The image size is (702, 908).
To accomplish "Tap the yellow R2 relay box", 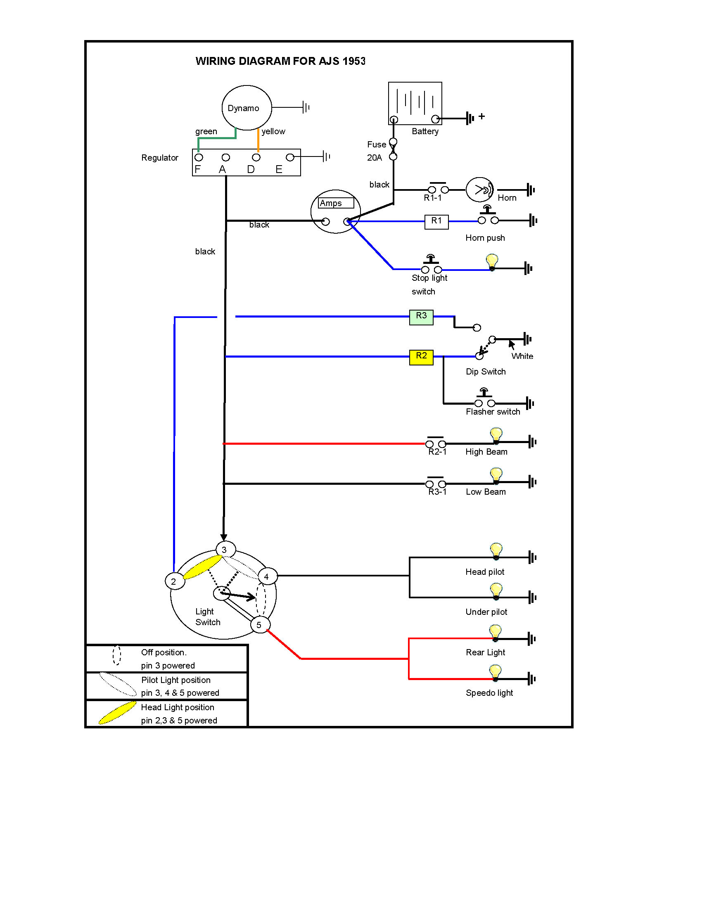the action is [x=421, y=356].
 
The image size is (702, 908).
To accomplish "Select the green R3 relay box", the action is [x=421, y=316].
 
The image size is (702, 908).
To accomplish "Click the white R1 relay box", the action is [x=436, y=221].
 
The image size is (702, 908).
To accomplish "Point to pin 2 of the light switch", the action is [x=173, y=581].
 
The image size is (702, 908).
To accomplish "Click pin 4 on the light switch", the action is [x=267, y=577].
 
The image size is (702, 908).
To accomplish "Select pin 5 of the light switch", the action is [x=259, y=624].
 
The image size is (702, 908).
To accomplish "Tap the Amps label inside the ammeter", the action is [x=331, y=203].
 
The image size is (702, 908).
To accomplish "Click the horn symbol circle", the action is [x=479, y=190].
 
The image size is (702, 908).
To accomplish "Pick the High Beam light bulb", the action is [x=496, y=435].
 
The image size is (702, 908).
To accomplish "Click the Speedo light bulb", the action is [x=495, y=672].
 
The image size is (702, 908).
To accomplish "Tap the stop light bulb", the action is [x=492, y=262].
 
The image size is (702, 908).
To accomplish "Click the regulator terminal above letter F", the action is [x=199, y=158].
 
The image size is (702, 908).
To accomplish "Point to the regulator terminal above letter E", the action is [x=290, y=157].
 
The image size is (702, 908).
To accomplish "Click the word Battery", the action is [x=425, y=131].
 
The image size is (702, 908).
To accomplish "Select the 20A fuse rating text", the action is [x=374, y=158].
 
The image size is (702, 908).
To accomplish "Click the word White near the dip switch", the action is [x=522, y=356].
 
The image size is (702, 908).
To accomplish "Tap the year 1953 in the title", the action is [x=354, y=61].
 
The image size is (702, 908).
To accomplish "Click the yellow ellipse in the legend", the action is [x=117, y=713].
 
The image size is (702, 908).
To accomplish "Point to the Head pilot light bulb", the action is [x=496, y=550].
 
